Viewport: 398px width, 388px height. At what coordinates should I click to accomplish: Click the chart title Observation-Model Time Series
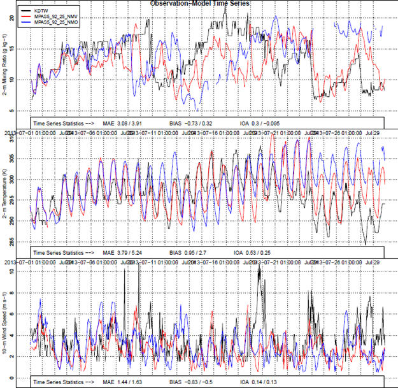pyautogui.click(x=199, y=4)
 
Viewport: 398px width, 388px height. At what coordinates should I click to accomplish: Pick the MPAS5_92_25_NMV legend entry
pyautogui.click(x=52, y=16)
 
